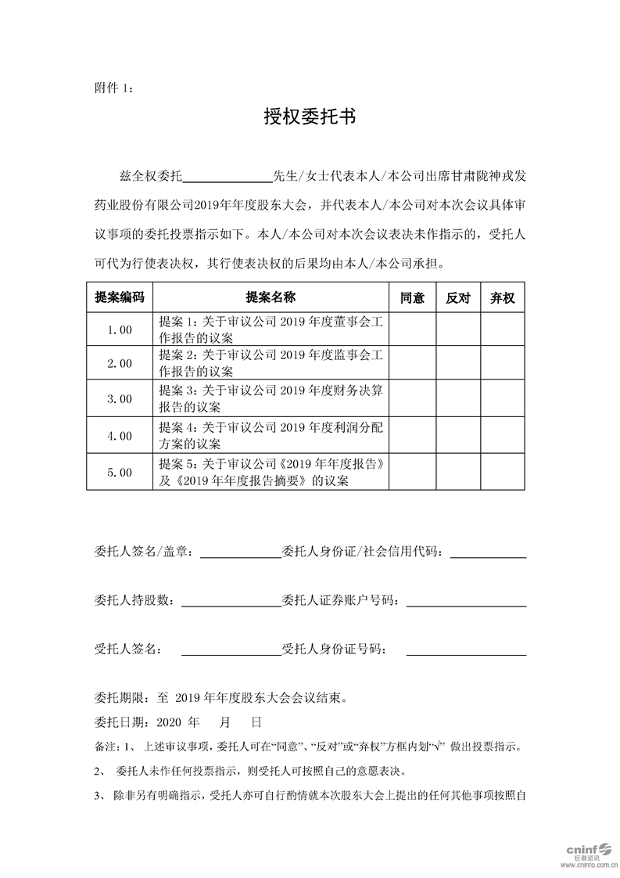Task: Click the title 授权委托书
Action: click(x=310, y=118)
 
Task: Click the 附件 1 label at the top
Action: click(x=113, y=89)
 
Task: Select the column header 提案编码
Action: click(x=120, y=297)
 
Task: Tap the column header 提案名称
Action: click(x=271, y=297)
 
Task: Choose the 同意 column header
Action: click(x=412, y=297)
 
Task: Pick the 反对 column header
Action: click(x=457, y=297)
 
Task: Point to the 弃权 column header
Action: click(x=502, y=297)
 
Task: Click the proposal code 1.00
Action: click(x=120, y=329)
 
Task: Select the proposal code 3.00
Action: click(x=120, y=398)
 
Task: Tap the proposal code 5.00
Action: click(x=120, y=472)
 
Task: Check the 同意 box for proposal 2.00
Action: click(x=412, y=364)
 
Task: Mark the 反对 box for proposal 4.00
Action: click(x=457, y=435)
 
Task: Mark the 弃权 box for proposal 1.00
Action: click(x=502, y=329)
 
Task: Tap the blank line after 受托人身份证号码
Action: click(x=466, y=650)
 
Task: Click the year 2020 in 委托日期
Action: click(x=169, y=721)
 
